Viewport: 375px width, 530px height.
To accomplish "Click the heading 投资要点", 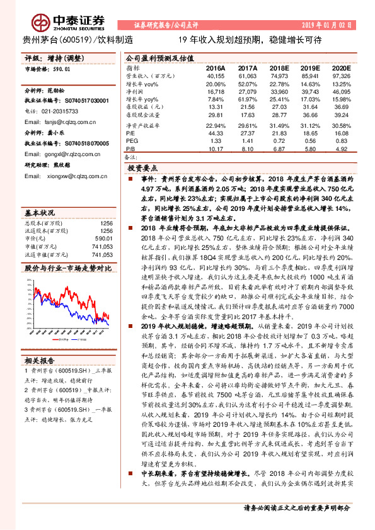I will tap(142, 169).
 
